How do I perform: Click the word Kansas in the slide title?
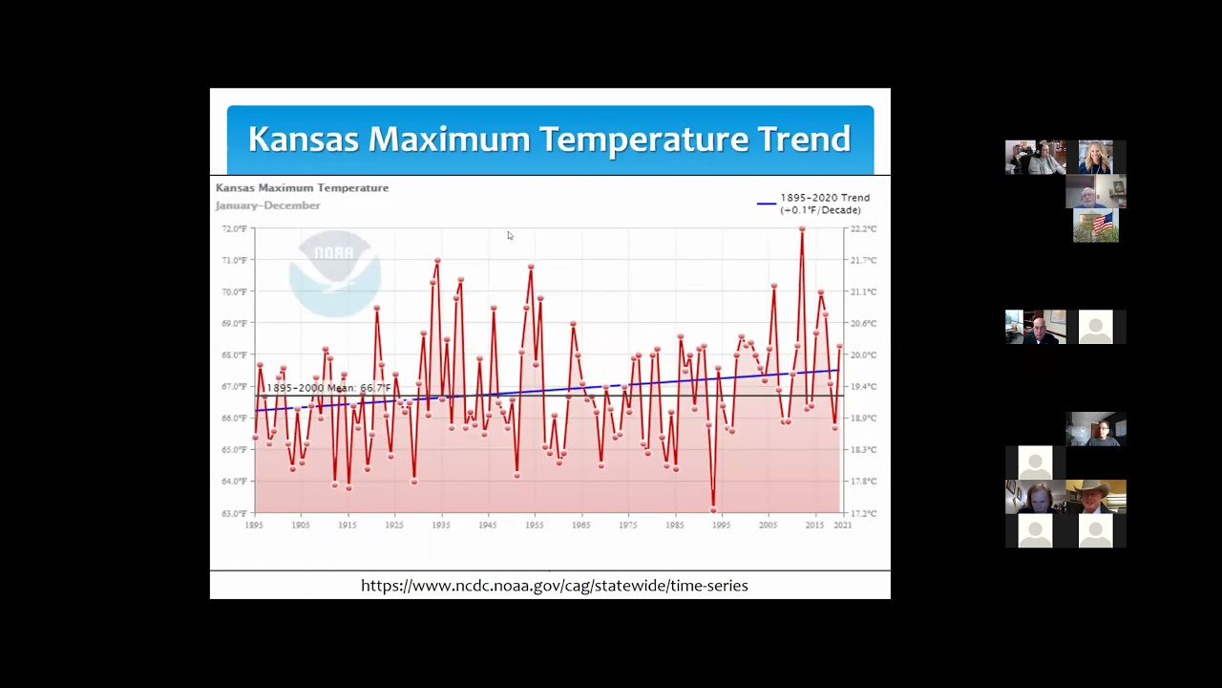point(304,140)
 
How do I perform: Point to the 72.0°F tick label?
point(235,229)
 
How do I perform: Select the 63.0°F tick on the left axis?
point(235,513)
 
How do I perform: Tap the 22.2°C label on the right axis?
point(863,229)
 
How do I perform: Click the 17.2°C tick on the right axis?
point(863,513)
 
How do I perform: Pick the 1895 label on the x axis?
point(254,525)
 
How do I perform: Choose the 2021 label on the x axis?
point(842,525)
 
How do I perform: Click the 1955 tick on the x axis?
point(535,525)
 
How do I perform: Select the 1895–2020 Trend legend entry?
point(816,204)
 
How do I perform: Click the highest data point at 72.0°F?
point(802,229)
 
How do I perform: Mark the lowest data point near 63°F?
point(713,509)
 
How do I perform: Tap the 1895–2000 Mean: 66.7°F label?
point(327,388)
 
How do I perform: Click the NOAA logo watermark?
point(334,272)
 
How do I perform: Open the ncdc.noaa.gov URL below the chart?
point(554,586)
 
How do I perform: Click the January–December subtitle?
point(267,205)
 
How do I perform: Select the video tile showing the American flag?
point(1096,226)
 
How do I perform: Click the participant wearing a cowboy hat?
point(1096,497)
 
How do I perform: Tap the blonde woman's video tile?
point(1096,157)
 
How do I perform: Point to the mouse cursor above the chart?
point(510,236)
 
